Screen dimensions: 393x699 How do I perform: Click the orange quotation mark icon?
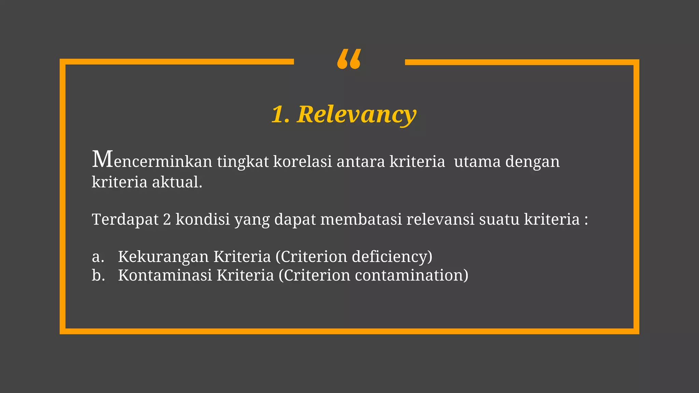pyautogui.click(x=349, y=59)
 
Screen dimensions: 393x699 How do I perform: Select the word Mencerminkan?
pyautogui.click(x=152, y=160)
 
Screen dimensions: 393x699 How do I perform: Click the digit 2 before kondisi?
pyautogui.click(x=167, y=219)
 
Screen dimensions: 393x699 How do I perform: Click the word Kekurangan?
pyautogui.click(x=163, y=257)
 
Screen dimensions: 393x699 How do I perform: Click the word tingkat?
pyautogui.click(x=243, y=162)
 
